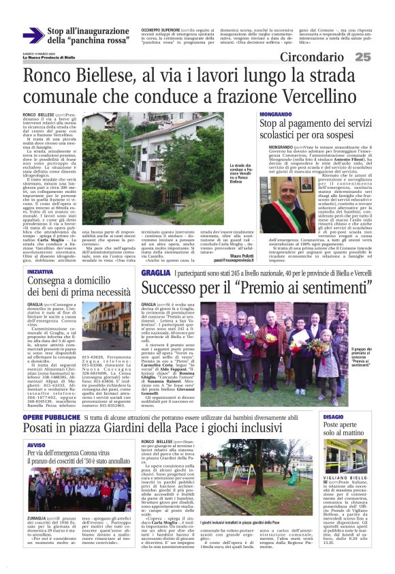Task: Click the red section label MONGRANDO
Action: point(275,115)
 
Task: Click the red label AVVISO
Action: point(36,444)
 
